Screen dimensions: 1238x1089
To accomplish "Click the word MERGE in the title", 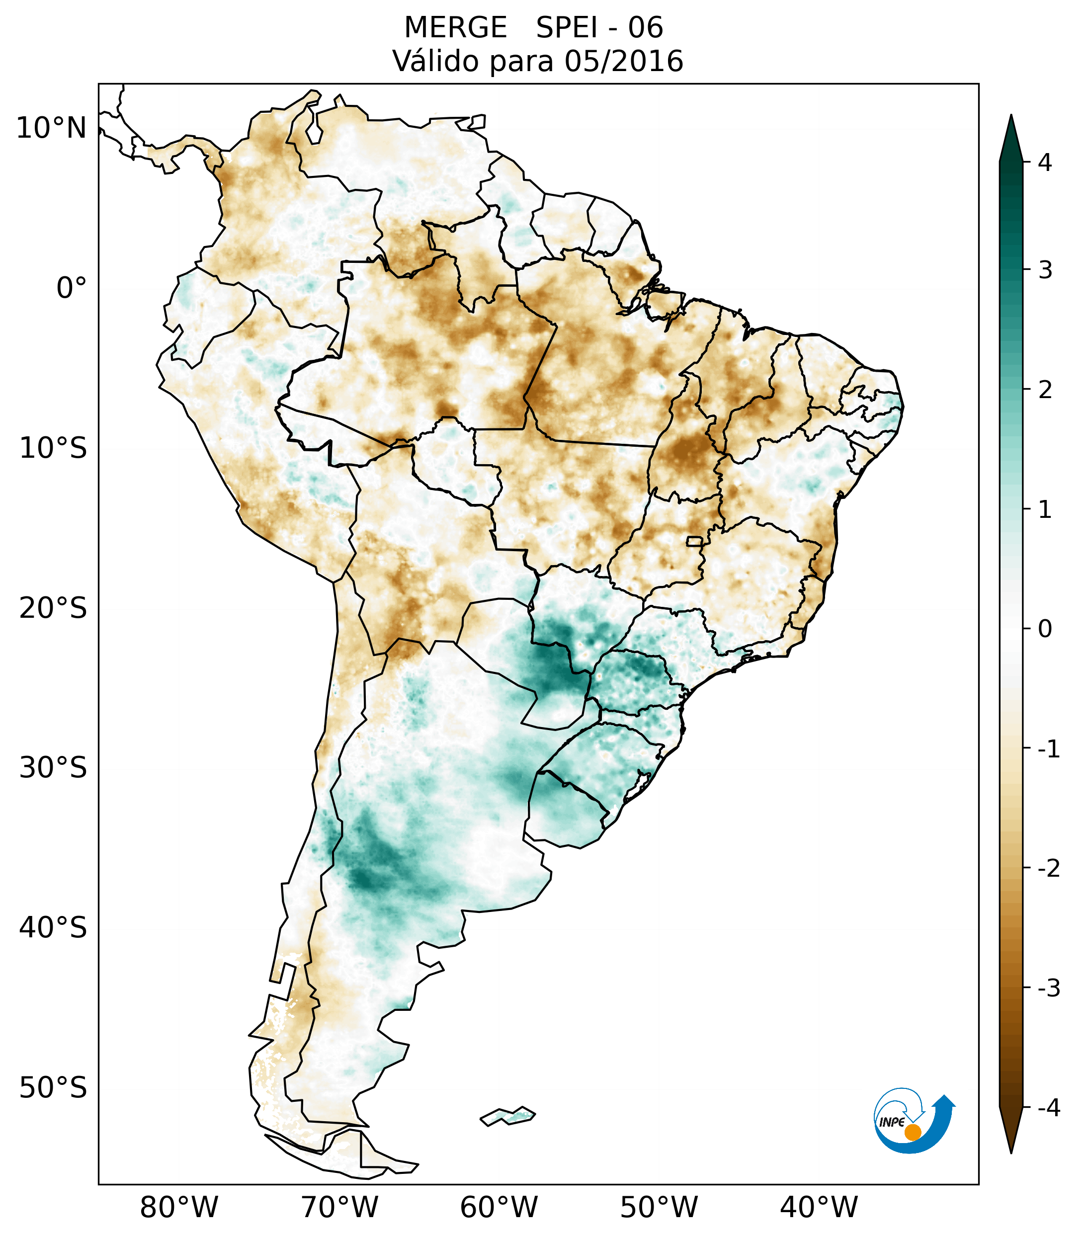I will pos(455,28).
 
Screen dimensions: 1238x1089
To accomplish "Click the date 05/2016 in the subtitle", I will pos(623,61).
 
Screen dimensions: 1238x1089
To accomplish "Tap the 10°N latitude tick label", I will pos(51,128).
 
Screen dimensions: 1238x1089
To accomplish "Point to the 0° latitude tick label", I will pos(72,288).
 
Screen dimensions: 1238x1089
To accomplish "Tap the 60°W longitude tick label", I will pos(499,1207).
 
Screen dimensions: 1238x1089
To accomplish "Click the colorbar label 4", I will pos(1045,163).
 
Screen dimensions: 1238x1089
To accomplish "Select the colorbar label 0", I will pos(1045,629).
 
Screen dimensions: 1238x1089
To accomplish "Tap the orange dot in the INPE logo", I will pos(912,1132).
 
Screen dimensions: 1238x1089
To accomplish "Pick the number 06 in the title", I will pos(645,28).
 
